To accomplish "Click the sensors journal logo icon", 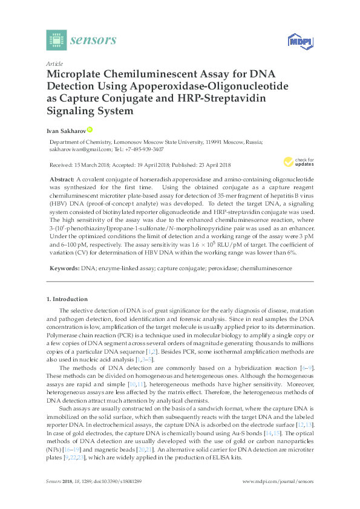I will click(x=56, y=41).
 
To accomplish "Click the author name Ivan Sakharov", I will click(x=66, y=130).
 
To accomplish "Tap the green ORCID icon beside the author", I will click(x=90, y=129).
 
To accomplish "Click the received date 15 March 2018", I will click(x=96, y=165).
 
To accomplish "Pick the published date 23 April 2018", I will click(x=209, y=165).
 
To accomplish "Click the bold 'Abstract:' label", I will click(x=61, y=180).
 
